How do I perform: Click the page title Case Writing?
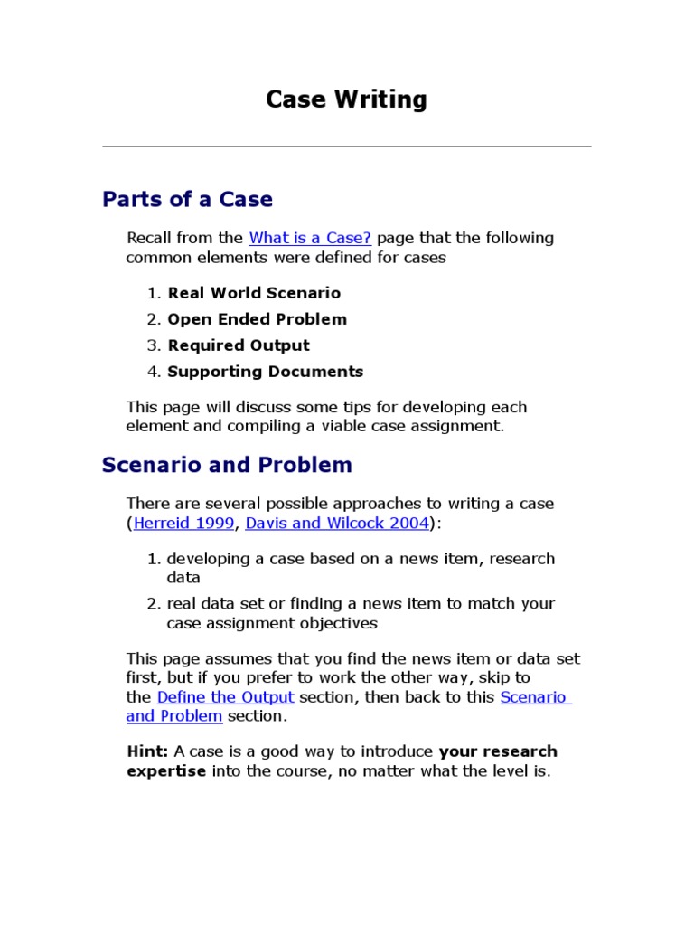346,99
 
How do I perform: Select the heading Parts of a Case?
187,199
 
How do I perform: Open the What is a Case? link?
310,238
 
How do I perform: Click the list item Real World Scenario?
254,293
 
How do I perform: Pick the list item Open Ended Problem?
257,319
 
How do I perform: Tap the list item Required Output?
239,345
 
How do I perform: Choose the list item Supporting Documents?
266,372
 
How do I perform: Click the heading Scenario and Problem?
227,465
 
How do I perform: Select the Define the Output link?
225,697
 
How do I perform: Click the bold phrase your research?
498,751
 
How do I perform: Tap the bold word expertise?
166,771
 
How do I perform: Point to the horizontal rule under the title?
346,146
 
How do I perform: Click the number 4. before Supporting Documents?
153,372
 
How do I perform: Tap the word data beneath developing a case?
183,577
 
